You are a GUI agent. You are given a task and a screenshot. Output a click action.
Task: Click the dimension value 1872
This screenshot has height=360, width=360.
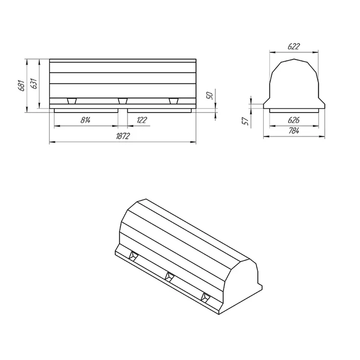(x=123, y=136)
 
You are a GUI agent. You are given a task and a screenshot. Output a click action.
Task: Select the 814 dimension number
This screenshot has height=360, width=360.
(x=85, y=120)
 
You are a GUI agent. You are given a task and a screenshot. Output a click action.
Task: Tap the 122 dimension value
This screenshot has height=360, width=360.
(x=142, y=120)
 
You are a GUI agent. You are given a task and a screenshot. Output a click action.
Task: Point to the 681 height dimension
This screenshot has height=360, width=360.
(x=21, y=85)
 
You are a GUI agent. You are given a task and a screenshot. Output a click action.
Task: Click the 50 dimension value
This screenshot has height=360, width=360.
(x=210, y=95)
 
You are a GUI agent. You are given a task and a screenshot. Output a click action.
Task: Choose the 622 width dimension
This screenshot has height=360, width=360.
(x=294, y=46)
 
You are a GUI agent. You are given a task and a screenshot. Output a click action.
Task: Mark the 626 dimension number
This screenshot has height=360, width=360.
(x=294, y=120)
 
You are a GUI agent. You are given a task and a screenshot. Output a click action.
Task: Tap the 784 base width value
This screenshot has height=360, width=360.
(x=294, y=131)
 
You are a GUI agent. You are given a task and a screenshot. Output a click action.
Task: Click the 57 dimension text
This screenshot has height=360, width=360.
(x=246, y=121)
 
